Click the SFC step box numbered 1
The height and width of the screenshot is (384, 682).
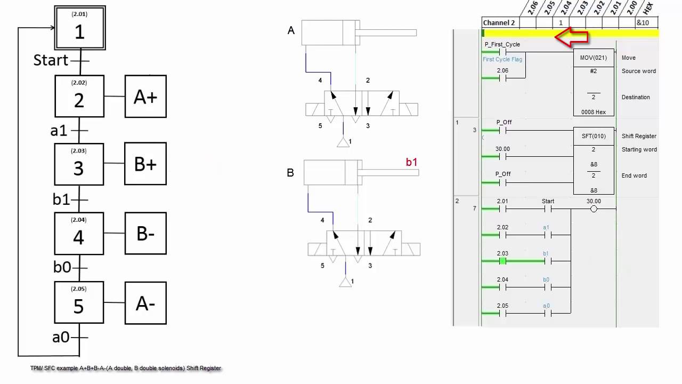(80, 28)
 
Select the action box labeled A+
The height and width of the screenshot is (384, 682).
(145, 97)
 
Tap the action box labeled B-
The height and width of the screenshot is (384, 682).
(145, 233)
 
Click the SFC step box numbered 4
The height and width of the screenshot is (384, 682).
(79, 233)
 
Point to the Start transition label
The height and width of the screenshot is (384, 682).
(51, 60)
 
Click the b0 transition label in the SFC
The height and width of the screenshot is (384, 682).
(62, 267)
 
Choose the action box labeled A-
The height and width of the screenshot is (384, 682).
(145, 303)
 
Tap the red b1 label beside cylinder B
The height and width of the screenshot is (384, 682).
(411, 162)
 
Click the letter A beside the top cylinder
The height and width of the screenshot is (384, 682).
(291, 31)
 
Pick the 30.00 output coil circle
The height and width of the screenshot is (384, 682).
(594, 209)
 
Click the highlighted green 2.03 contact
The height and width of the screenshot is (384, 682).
(502, 261)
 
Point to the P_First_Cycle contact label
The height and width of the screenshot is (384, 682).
(502, 44)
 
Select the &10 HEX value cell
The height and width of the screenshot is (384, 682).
(643, 23)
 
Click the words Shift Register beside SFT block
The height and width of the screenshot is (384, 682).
(639, 136)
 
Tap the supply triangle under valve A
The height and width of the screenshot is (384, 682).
(344, 142)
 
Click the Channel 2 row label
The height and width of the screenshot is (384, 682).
(499, 23)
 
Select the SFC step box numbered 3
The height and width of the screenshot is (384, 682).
(79, 164)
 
